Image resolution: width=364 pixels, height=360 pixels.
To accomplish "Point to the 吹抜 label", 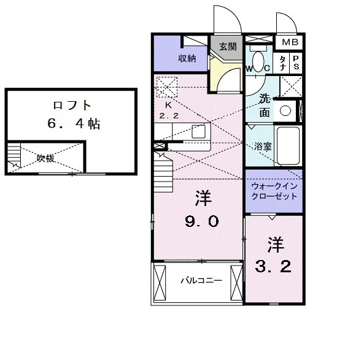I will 45,158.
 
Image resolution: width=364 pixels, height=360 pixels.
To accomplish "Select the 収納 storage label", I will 187,58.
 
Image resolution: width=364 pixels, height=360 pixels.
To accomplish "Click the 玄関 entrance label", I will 228,46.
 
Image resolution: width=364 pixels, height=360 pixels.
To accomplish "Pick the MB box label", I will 290,42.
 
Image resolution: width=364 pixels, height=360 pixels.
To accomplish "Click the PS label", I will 296,63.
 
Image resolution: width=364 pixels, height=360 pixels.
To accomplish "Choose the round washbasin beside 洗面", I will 284,111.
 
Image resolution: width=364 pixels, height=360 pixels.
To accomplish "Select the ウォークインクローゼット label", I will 274,191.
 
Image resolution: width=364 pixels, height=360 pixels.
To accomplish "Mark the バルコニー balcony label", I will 196,281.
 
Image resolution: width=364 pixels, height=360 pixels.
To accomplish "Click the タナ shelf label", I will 282,63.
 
